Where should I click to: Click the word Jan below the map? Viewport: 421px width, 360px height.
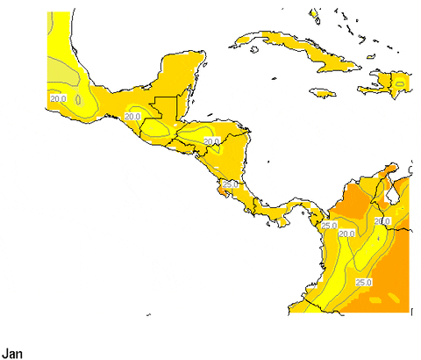[x=12, y=354]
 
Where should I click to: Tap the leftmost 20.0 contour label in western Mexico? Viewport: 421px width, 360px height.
[x=58, y=98]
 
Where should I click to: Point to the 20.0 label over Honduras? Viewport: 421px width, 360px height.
[x=211, y=140]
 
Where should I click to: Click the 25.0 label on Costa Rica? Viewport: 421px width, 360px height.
[x=231, y=184]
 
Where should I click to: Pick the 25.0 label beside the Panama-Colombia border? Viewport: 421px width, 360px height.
[x=330, y=226]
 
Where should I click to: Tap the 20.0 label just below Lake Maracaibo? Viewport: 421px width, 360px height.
[x=382, y=220]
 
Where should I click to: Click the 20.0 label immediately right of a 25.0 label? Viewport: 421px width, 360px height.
[x=347, y=234]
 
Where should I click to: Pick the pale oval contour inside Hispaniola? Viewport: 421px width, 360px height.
[x=399, y=84]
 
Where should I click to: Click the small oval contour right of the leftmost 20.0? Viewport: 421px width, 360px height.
[x=81, y=100]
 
